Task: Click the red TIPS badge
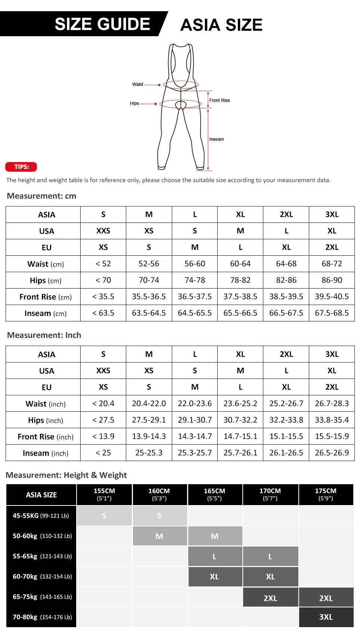(21, 167)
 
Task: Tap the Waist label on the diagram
(137, 84)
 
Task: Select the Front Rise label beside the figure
(220, 100)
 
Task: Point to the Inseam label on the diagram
(217, 139)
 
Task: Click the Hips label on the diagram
(134, 103)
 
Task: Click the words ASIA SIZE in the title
(221, 25)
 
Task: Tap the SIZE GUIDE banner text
(102, 24)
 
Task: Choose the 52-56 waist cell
(149, 264)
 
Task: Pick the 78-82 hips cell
(240, 280)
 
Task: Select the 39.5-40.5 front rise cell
(332, 297)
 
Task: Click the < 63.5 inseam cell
(103, 313)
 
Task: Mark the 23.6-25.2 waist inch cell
(240, 404)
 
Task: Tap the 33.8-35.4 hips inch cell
(332, 420)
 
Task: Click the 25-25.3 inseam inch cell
(149, 453)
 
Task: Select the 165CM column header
(215, 494)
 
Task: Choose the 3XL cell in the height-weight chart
(326, 617)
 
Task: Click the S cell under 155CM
(104, 516)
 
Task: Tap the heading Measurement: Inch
(44, 335)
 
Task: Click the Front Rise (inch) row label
(46, 437)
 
